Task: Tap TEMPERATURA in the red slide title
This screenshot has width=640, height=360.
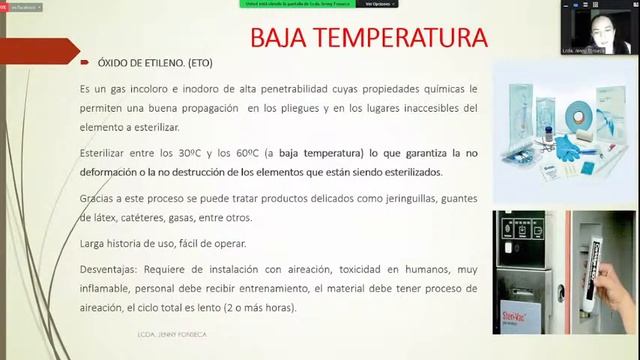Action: (x=405, y=39)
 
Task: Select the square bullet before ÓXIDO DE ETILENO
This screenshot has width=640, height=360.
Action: (x=87, y=61)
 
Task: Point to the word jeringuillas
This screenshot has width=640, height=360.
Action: (x=382, y=198)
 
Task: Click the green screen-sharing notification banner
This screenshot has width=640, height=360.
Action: (x=297, y=4)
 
